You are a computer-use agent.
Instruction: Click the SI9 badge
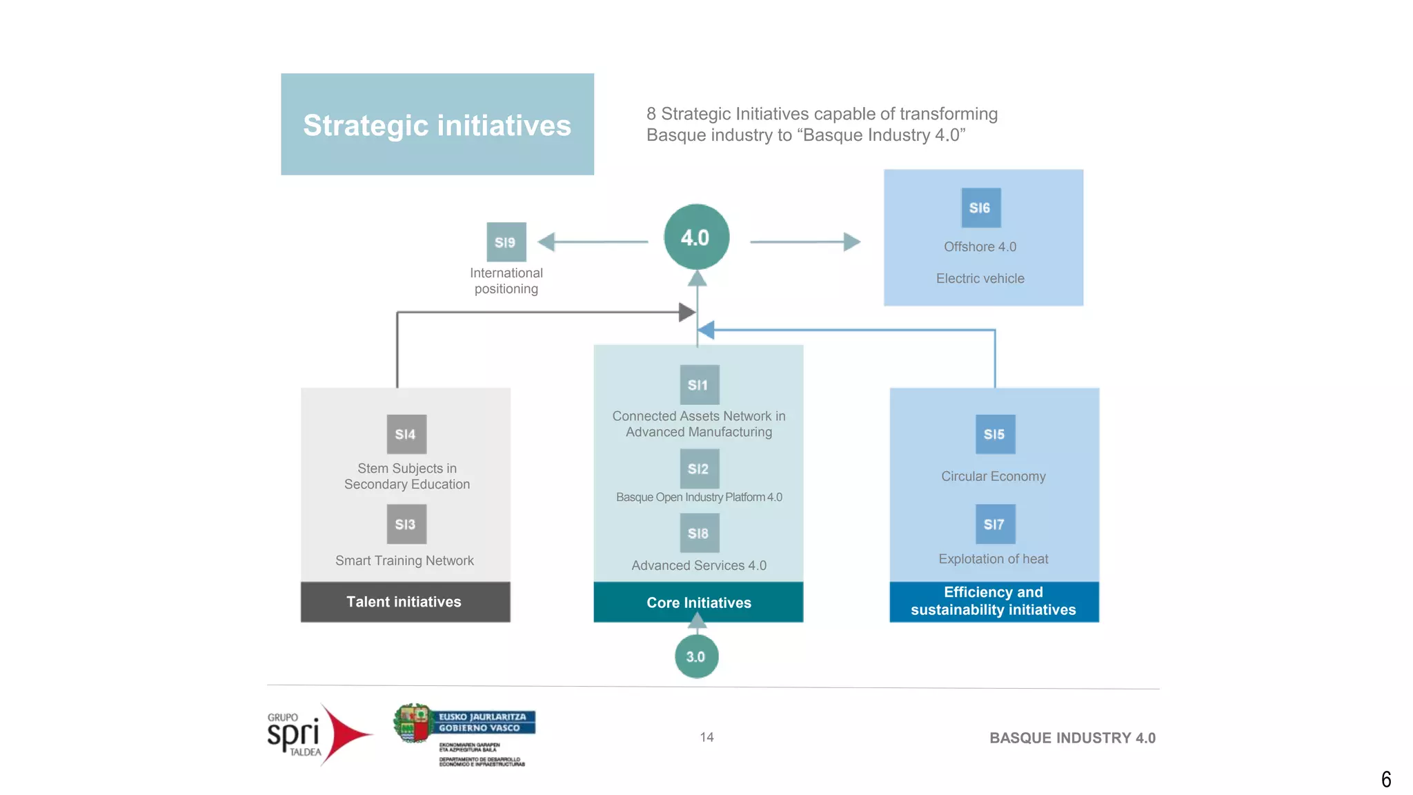(x=506, y=242)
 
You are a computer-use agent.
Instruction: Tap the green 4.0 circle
(x=696, y=237)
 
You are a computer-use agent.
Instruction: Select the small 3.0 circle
(x=696, y=656)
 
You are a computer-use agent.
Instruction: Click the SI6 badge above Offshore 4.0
(x=980, y=208)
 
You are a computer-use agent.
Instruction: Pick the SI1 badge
(x=699, y=385)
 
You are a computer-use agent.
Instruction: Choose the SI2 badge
(x=699, y=469)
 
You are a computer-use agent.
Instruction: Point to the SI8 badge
(x=699, y=533)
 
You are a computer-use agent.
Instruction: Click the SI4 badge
(x=406, y=434)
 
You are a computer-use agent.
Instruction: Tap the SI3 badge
(x=406, y=524)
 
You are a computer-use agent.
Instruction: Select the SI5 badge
(x=995, y=434)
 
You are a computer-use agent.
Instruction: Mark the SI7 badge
(x=995, y=524)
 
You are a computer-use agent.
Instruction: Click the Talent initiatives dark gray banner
(x=405, y=602)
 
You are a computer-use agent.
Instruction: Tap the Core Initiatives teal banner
(x=698, y=602)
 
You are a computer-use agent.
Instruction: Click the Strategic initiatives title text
(x=437, y=126)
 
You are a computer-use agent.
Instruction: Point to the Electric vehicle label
(x=980, y=279)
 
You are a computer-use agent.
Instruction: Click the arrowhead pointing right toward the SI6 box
(x=852, y=242)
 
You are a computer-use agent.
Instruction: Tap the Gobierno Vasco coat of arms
(x=413, y=723)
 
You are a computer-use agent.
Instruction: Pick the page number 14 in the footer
(x=706, y=737)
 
